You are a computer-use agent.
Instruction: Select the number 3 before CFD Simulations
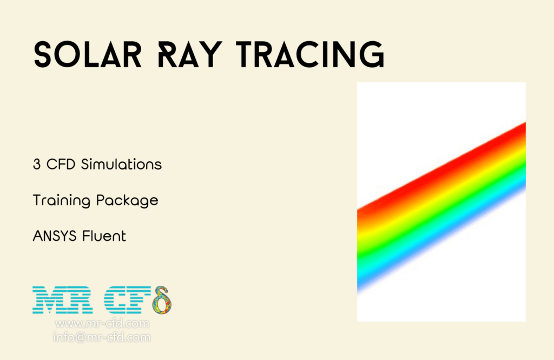pos(37,165)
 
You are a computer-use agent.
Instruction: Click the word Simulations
pos(121,165)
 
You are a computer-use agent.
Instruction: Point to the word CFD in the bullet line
pos(61,165)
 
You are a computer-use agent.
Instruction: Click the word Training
pos(61,201)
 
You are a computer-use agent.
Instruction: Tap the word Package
pos(127,201)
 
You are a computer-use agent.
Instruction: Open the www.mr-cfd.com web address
pos(102,324)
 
